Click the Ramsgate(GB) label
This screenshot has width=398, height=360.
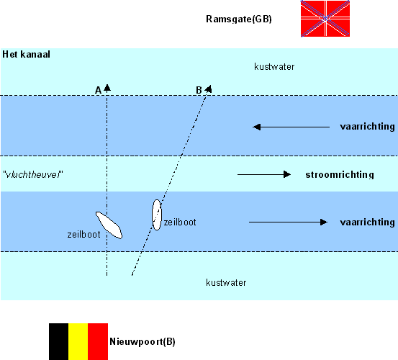[x=239, y=19]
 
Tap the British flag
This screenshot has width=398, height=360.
[x=325, y=19]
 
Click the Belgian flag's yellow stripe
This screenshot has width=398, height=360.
[x=78, y=341]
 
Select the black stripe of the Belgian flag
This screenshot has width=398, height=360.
[x=58, y=341]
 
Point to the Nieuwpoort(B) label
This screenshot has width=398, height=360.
[x=143, y=342]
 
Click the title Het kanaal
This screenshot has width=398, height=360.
[x=26, y=54]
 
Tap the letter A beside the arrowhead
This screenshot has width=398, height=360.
[x=98, y=90]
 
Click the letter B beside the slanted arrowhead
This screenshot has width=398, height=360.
[x=199, y=90]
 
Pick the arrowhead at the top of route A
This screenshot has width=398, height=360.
[x=107, y=88]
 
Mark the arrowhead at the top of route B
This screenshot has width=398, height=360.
[x=209, y=89]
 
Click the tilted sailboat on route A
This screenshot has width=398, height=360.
[x=109, y=225]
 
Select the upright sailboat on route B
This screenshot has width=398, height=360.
[x=157, y=215]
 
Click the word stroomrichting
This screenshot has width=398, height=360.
[x=340, y=175]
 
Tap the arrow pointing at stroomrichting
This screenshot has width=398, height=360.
[x=264, y=174]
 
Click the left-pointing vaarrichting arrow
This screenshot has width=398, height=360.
[x=291, y=127]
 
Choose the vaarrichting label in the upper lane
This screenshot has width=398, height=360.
[x=367, y=127]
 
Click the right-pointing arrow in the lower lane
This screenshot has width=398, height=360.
[x=288, y=222]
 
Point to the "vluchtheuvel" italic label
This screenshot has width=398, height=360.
[x=32, y=175]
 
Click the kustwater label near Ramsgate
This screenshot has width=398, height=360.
[x=274, y=67]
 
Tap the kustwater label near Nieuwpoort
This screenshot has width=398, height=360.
[x=226, y=283]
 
